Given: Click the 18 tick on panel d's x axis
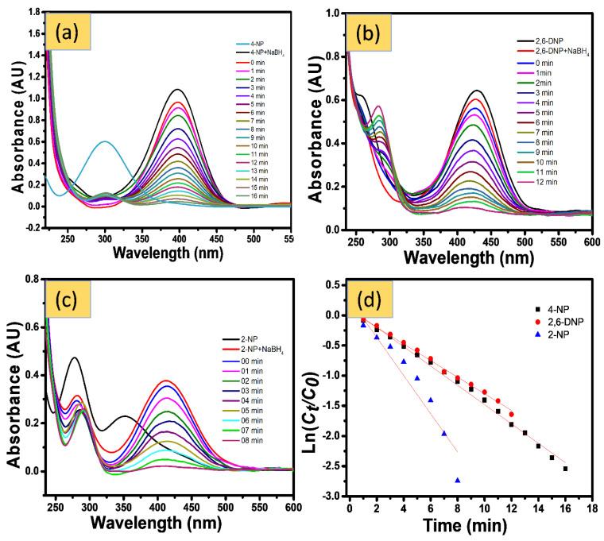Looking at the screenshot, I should (593, 508).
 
